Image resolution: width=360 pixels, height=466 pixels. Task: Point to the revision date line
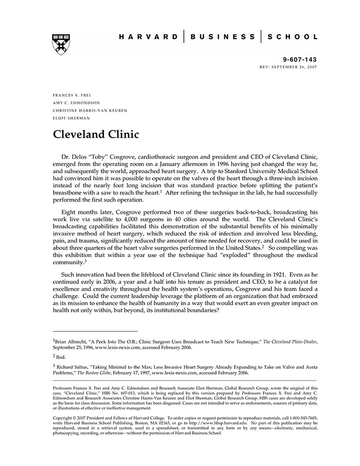(289, 67)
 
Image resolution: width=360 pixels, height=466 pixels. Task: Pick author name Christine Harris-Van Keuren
(90, 111)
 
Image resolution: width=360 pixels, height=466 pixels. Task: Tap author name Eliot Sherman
(71, 118)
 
